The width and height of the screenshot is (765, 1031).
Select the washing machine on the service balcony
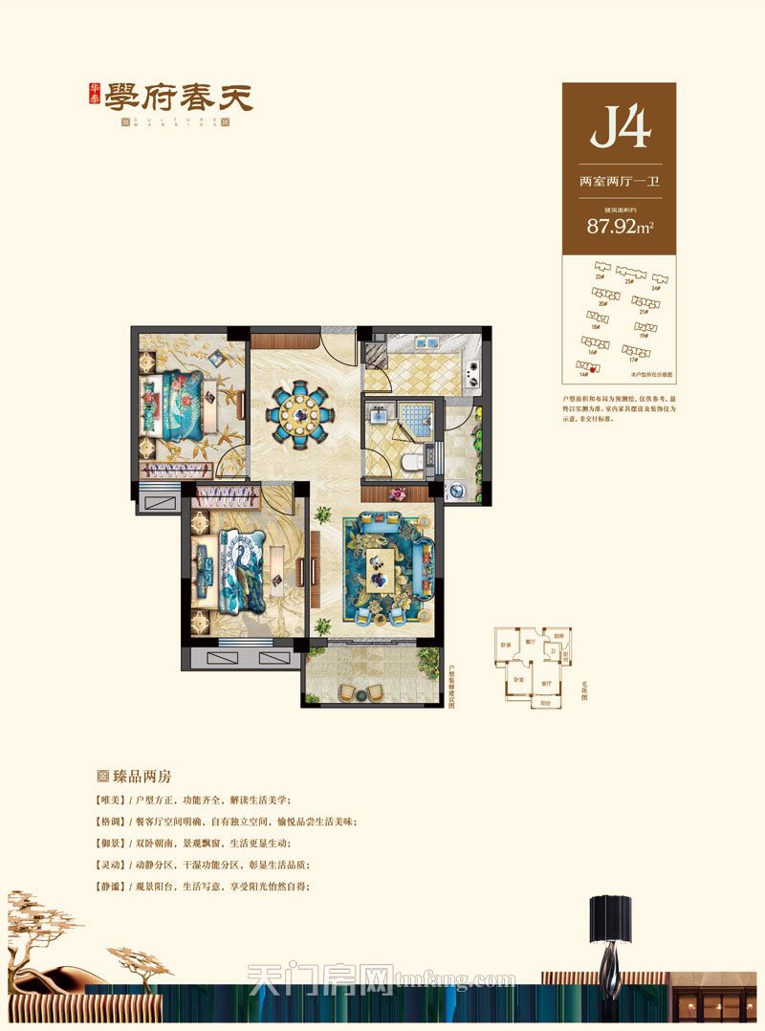click(x=457, y=490)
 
